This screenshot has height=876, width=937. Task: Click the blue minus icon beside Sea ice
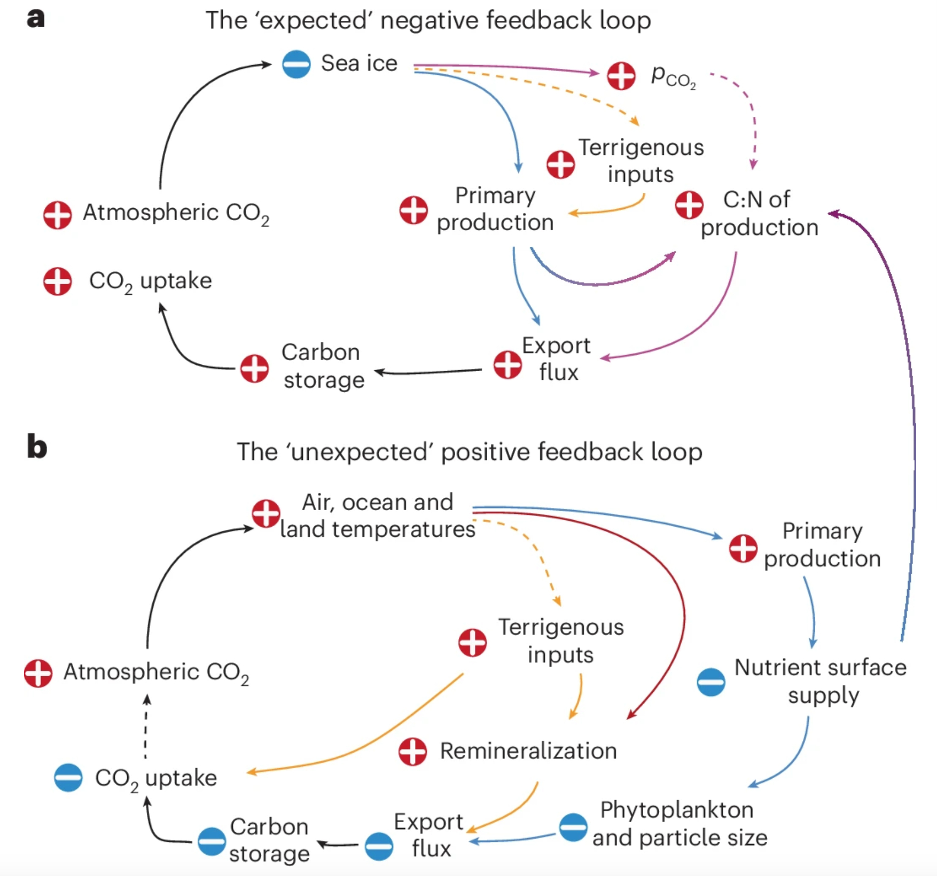coord(296,64)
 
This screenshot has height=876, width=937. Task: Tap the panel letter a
coord(36,19)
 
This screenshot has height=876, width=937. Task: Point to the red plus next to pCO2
coord(621,75)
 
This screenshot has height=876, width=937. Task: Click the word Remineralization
coord(528,751)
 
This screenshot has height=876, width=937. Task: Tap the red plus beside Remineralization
coord(412,752)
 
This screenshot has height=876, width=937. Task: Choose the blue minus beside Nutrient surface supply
coord(711,682)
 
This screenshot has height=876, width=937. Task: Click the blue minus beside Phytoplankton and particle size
coord(573,827)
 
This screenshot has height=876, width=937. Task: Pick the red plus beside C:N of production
coord(689,205)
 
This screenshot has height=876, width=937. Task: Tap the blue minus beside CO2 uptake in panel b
coord(68,777)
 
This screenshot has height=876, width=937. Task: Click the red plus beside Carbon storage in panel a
coord(254,368)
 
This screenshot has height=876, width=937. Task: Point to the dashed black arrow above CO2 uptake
coord(146,726)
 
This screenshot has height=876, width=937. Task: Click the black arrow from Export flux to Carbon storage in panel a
coord(427,371)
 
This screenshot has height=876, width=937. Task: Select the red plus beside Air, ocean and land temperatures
coord(266,514)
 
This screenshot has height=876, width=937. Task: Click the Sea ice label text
coord(359,64)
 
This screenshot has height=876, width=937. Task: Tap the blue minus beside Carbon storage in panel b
coord(212,841)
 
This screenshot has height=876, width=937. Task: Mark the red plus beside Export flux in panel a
coord(507,365)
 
